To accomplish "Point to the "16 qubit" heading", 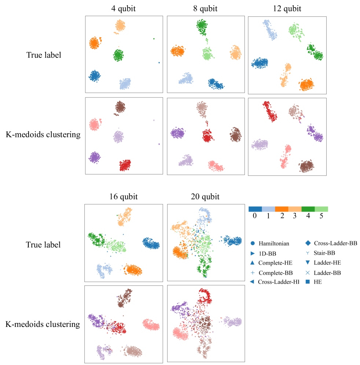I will pos(124,197).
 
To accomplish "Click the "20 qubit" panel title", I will pos(205,197).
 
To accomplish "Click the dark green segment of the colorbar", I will pos(308,209).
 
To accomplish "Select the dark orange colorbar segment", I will pos(282,209).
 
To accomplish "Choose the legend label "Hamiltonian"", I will pos(274,243).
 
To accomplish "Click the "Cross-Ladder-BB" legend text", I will pos(335,243).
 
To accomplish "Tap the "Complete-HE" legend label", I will pos(274,262).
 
